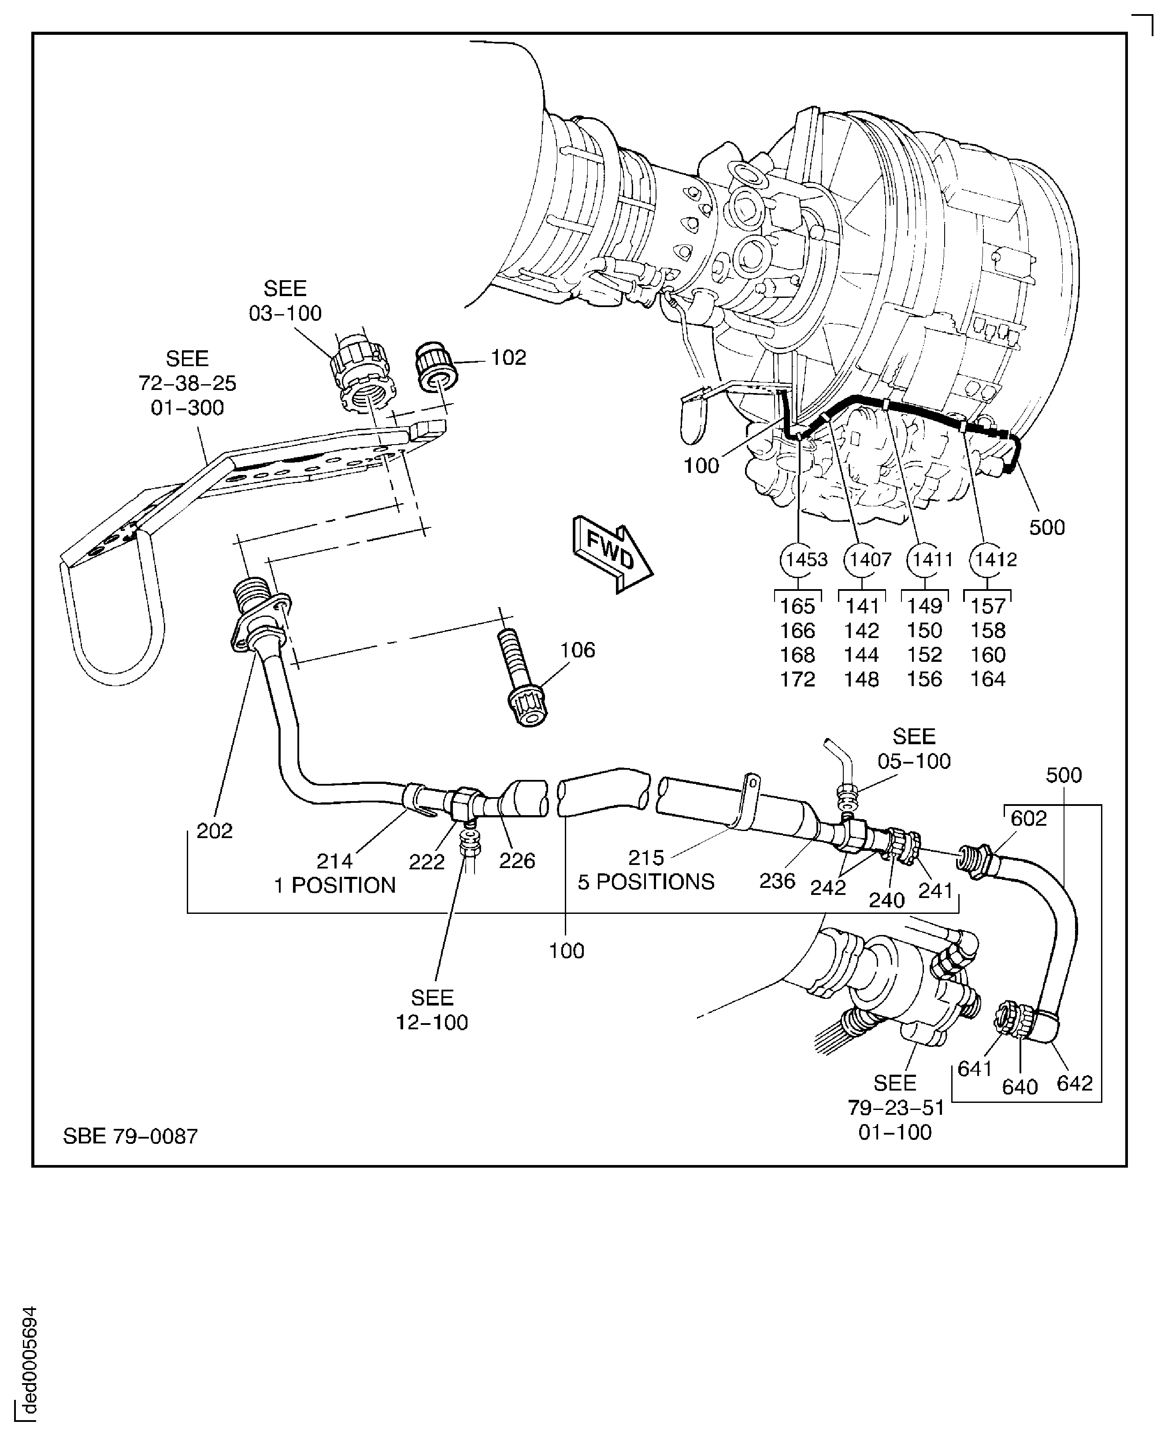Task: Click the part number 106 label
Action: [577, 650]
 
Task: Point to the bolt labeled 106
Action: [521, 679]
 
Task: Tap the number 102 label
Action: [508, 357]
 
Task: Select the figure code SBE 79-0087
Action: [130, 1136]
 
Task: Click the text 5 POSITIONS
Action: [646, 882]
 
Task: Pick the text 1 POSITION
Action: [334, 885]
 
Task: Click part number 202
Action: [214, 831]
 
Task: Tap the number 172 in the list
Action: [797, 679]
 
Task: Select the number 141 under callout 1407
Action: [862, 606]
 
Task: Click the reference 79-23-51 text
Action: [896, 1107]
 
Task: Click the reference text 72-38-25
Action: [187, 383]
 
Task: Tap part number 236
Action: [777, 880]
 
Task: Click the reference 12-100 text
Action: [431, 1022]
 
